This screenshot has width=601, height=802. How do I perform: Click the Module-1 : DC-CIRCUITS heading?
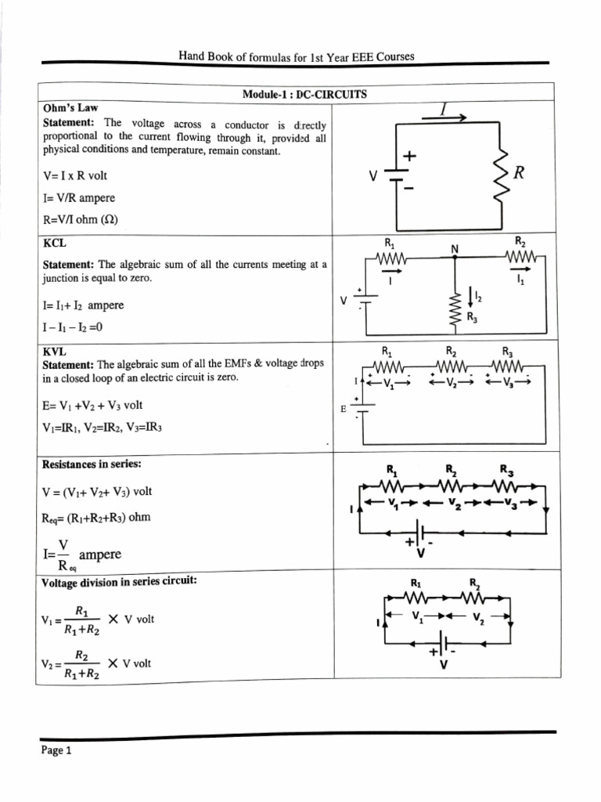304,94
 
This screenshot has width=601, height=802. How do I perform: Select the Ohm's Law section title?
70,107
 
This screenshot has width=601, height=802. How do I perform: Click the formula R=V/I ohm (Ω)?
80,219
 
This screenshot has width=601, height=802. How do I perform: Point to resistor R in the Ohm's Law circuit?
498,175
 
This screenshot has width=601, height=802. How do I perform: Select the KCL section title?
54,244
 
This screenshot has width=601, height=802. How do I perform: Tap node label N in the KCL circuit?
454,248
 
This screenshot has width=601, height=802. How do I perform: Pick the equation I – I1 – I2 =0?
72,327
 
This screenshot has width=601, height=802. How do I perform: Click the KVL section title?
54,353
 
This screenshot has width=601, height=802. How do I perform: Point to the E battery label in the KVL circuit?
343,409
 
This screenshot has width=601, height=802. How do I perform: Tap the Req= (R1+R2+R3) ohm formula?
96,518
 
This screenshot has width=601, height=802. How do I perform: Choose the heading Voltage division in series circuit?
118,580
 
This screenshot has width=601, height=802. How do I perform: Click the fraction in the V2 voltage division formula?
81,663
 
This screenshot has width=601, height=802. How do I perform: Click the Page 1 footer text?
56,750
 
